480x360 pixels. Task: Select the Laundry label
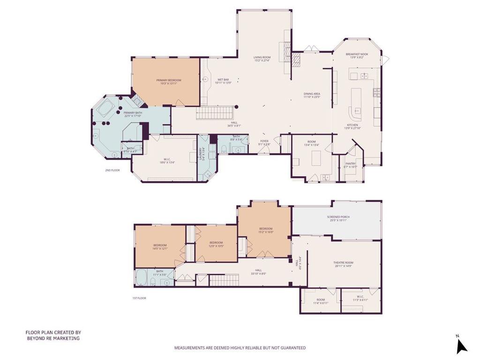click(x=201, y=154)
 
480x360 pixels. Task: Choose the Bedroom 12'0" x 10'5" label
click(x=216, y=244)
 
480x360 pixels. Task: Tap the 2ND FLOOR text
click(x=112, y=170)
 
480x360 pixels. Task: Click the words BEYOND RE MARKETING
click(x=53, y=338)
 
